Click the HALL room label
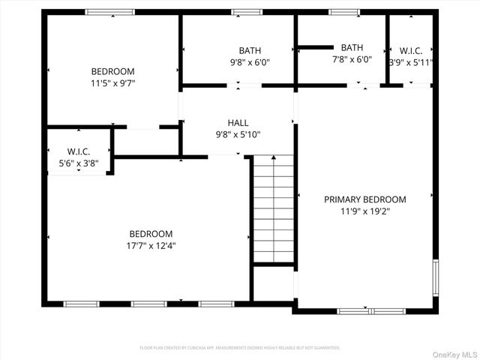point(238,123)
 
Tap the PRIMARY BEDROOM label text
point(364,199)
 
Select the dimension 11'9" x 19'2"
point(364,211)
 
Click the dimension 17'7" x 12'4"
point(150,245)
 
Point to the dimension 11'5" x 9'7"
point(112,83)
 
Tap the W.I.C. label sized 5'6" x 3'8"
point(78,151)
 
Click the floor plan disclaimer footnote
point(240,348)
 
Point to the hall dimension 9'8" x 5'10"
point(238,135)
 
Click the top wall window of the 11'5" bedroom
point(109,12)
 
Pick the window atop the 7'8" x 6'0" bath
point(344,12)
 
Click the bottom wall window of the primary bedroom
point(370,310)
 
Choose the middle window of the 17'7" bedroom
point(148,304)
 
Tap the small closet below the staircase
point(273,283)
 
